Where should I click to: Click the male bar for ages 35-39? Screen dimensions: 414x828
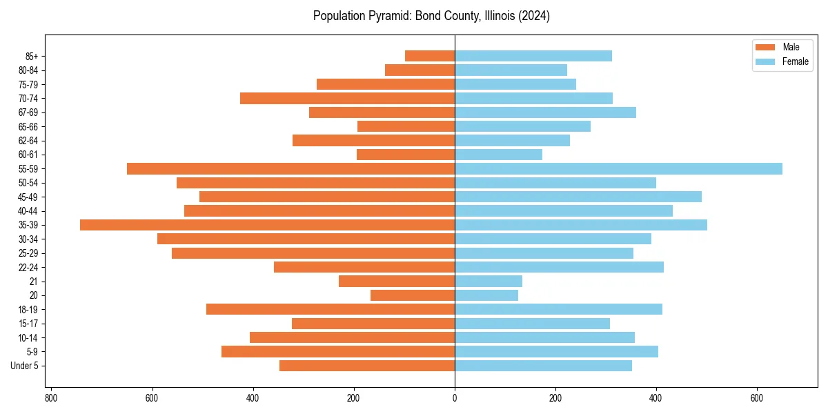(x=267, y=225)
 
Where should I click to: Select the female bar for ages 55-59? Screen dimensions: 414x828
(x=618, y=168)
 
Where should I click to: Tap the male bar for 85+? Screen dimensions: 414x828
(x=430, y=56)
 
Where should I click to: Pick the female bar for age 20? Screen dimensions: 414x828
(x=486, y=295)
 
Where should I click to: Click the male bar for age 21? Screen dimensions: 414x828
(x=397, y=281)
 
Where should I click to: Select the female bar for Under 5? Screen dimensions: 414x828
(x=543, y=366)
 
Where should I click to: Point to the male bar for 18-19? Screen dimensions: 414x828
(x=331, y=309)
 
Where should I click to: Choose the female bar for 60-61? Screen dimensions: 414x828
(x=498, y=155)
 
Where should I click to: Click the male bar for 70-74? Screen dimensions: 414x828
(x=347, y=98)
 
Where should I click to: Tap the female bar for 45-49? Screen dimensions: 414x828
(x=578, y=197)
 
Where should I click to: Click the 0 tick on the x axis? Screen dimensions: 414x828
(x=455, y=398)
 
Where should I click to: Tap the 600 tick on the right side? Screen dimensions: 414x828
(x=757, y=398)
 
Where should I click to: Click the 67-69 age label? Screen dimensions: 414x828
(x=28, y=112)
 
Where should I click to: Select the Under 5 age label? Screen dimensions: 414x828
(x=25, y=366)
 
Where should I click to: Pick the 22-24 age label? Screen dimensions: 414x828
(x=28, y=267)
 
